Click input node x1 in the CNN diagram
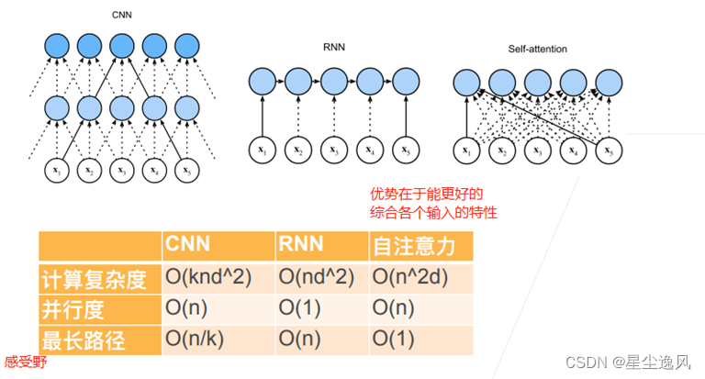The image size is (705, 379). pos(57,170)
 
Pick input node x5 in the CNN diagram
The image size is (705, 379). pos(187,170)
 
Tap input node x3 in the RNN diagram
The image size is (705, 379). pos(334,149)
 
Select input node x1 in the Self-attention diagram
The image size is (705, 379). pos(468,150)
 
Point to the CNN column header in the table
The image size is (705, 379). pos(189,245)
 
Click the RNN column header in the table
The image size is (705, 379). pos(300,245)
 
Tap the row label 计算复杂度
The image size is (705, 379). pos(95,278)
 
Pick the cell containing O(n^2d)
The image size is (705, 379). pos(413,278)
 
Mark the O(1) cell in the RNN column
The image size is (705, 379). pos(303,308)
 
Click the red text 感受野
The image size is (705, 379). pos(25,362)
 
